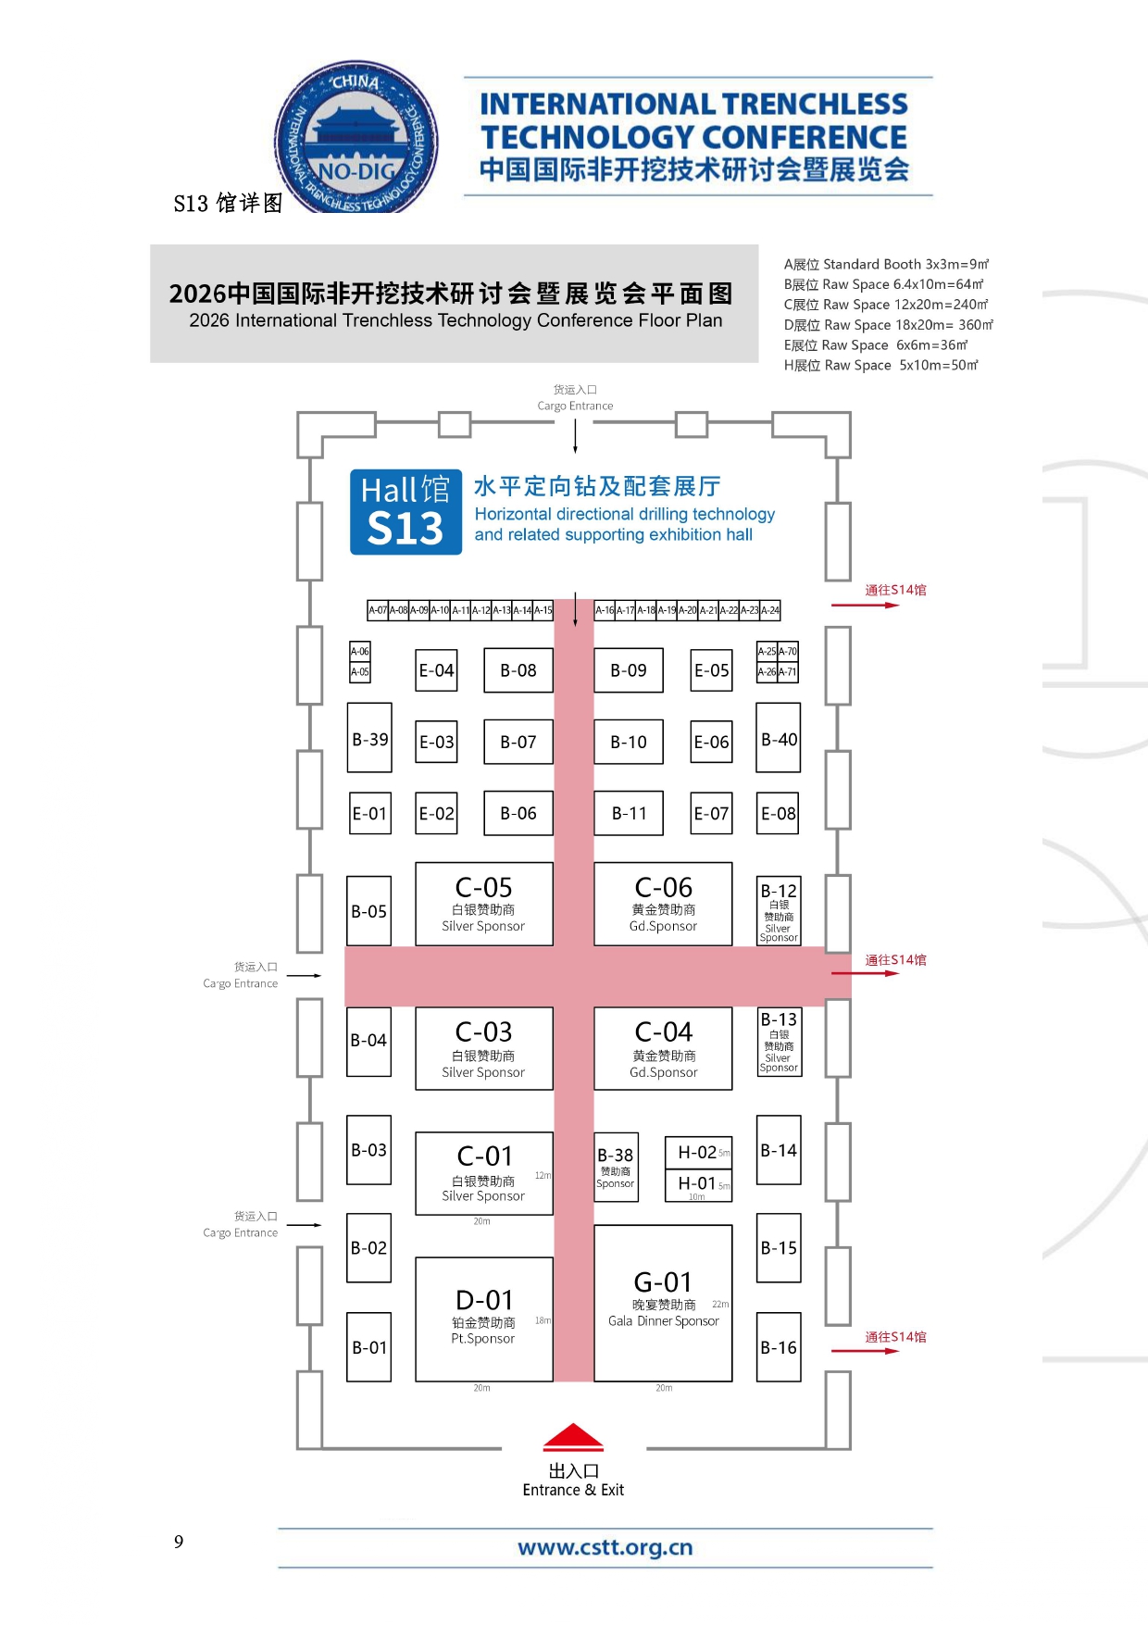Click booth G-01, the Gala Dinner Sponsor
coord(663,1302)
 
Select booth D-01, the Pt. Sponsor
coord(484,1319)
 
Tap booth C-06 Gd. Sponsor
coord(663,903)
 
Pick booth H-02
coord(698,1153)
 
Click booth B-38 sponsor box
coord(616,1167)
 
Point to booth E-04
coord(436,670)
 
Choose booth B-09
coord(629,670)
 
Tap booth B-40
coord(779,739)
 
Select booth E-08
coord(778,814)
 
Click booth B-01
coord(369,1347)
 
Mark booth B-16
coord(779,1347)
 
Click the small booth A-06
coord(360,651)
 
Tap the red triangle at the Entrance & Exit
coord(573,1437)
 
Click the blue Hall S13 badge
coord(406,512)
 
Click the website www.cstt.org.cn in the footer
coord(605,1547)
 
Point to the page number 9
coord(179,1542)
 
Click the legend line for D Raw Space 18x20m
coord(888,325)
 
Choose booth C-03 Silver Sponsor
coord(484,1048)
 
